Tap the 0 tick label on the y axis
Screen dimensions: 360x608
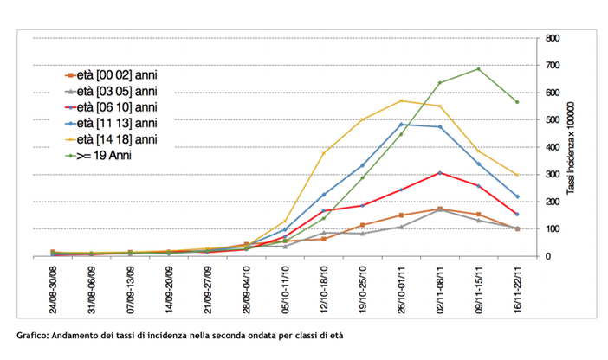[548, 256]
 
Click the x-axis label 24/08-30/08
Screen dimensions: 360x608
[53, 291]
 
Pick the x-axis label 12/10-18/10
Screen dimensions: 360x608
[324, 291]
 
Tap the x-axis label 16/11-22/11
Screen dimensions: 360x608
[518, 291]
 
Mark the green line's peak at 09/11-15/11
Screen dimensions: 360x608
[478, 69]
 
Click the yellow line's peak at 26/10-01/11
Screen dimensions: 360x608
[401, 100]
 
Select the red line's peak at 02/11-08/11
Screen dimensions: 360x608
[440, 173]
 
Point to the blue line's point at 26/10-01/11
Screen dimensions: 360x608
[401, 125]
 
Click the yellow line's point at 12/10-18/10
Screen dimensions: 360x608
[324, 153]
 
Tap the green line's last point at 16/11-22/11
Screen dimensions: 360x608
[517, 102]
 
